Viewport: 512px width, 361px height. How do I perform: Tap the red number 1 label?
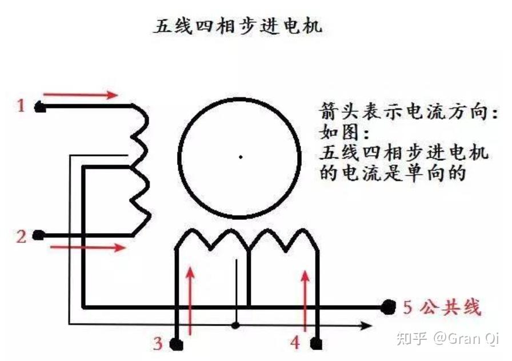click(21, 106)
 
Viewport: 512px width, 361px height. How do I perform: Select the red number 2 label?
click(21, 236)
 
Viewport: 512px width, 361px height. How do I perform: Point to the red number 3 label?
click(158, 343)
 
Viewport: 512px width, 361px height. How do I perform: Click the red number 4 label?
click(295, 343)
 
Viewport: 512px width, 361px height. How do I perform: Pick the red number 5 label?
click(407, 307)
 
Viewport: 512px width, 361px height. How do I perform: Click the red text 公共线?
click(451, 307)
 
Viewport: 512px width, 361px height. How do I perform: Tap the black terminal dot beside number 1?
click(39, 107)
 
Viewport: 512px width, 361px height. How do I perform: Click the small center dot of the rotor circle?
click(241, 157)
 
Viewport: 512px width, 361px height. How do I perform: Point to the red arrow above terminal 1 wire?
click(80, 95)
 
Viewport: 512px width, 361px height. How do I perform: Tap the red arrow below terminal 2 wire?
click(88, 247)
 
